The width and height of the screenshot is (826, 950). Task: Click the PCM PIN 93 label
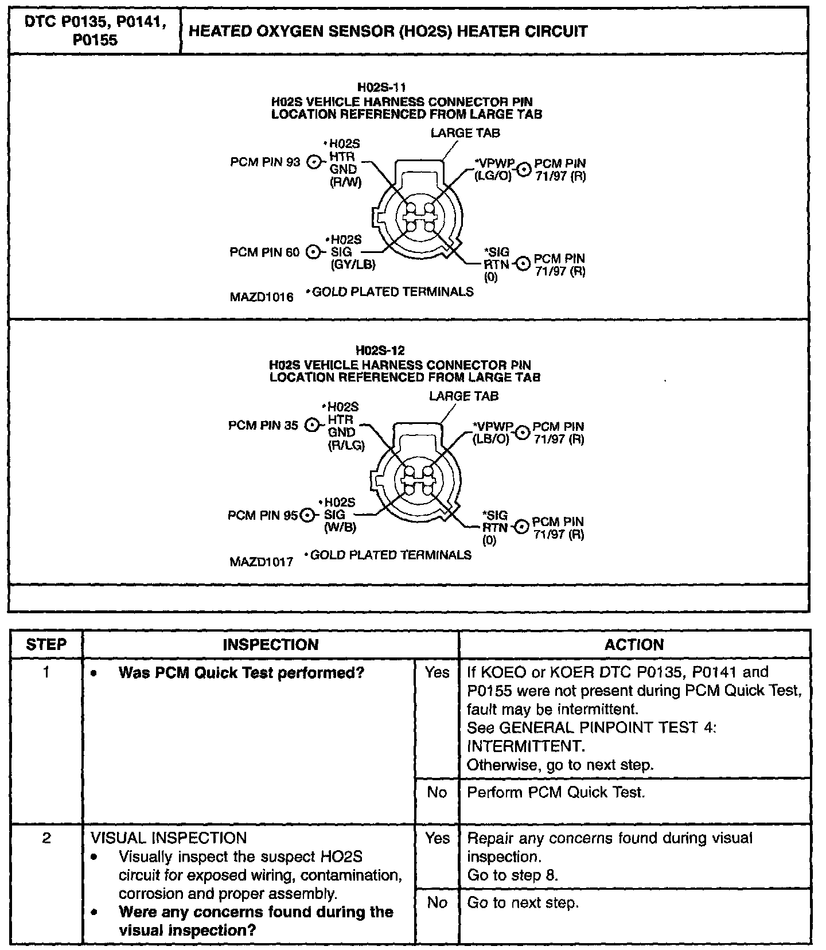(x=265, y=162)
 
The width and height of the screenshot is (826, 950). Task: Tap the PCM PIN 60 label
(x=264, y=252)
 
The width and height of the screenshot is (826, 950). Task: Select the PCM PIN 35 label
(x=263, y=426)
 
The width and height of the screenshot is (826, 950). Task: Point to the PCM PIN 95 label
(x=263, y=515)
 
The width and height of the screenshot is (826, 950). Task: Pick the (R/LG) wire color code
(x=346, y=445)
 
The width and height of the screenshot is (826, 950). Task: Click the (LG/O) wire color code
(x=492, y=176)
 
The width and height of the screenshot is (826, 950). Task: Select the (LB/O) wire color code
(x=490, y=439)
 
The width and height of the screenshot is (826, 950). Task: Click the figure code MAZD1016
(x=262, y=297)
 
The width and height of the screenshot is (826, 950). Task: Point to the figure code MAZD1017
(x=261, y=561)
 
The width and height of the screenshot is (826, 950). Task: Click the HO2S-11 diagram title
(x=381, y=87)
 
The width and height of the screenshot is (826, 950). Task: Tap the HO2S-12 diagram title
(x=380, y=351)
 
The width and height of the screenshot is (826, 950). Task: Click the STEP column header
(x=46, y=644)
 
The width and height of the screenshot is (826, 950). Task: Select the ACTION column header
(x=634, y=644)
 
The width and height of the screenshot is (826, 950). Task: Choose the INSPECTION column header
(x=270, y=644)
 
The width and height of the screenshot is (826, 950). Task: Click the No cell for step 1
(x=437, y=792)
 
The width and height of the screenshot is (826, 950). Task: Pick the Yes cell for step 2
(x=437, y=838)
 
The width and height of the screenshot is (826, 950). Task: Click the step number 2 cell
(x=46, y=838)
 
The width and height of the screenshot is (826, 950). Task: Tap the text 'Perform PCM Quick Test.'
(x=556, y=792)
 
